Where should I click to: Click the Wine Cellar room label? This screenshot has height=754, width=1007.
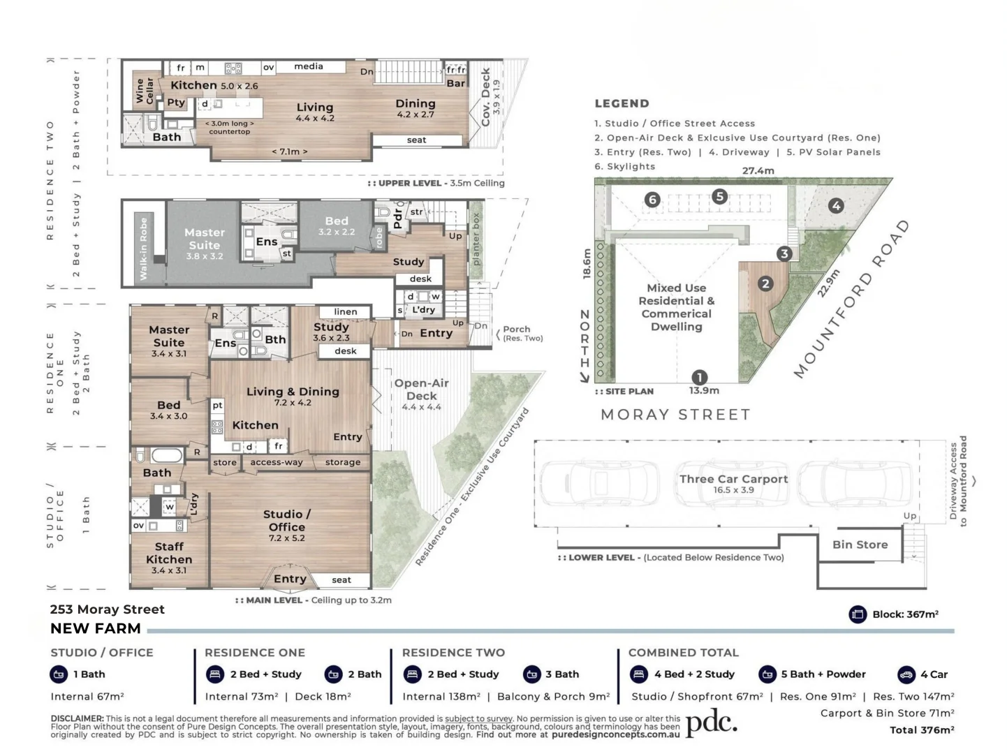click(x=144, y=90)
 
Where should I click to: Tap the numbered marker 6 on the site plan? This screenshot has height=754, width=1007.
click(x=652, y=200)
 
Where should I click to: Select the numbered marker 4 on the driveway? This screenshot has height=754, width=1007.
click(x=837, y=205)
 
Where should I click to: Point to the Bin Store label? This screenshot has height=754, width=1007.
click(x=860, y=545)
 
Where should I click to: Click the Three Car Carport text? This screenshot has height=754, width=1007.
click(x=733, y=479)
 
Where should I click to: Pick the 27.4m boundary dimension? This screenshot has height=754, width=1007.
click(x=758, y=170)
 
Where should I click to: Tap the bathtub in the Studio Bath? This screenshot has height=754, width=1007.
click(x=168, y=456)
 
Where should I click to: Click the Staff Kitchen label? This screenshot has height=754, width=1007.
click(x=169, y=553)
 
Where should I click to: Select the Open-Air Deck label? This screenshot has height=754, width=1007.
click(x=421, y=390)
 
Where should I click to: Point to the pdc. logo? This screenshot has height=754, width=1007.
click(x=712, y=723)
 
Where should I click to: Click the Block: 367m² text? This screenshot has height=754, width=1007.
click(x=905, y=614)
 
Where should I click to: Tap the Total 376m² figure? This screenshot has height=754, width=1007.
click(x=922, y=730)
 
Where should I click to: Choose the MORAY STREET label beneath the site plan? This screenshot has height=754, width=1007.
click(x=675, y=415)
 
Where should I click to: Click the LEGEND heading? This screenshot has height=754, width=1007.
click(x=622, y=103)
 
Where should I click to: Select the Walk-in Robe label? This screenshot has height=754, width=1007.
click(x=144, y=249)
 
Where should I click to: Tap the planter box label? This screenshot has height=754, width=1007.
click(x=476, y=239)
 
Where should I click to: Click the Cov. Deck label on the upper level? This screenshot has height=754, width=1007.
click(x=485, y=97)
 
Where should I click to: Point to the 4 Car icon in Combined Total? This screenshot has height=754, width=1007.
click(x=906, y=674)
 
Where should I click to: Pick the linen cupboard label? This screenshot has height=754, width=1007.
click(x=346, y=311)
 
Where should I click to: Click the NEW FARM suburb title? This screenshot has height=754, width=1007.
click(x=96, y=628)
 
